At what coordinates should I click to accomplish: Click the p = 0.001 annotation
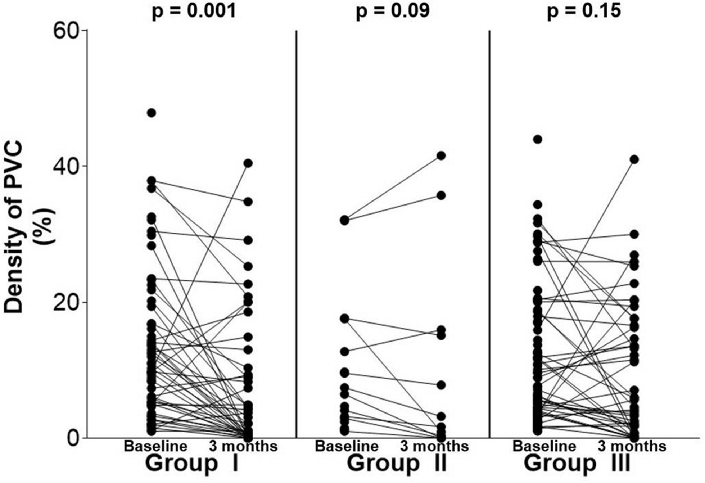(194, 11)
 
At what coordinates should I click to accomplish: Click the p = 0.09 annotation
(393, 11)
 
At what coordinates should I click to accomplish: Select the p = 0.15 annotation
(584, 11)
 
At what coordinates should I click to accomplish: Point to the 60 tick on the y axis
(65, 31)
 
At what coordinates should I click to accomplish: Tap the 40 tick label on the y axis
(65, 166)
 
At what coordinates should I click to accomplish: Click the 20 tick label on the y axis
(65, 302)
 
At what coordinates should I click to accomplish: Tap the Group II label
(397, 463)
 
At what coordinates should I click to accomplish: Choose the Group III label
(577, 463)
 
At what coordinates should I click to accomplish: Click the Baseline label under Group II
(347, 447)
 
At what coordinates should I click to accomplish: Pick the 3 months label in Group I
(244, 447)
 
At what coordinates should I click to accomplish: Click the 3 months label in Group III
(632, 447)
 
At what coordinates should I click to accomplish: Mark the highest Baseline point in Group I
(152, 113)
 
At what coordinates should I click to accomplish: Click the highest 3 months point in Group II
(441, 155)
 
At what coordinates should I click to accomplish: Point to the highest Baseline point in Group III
(538, 139)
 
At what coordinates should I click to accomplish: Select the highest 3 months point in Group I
(248, 163)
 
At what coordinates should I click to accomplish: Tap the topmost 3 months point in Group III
(634, 159)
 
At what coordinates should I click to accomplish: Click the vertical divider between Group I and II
(296, 234)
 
